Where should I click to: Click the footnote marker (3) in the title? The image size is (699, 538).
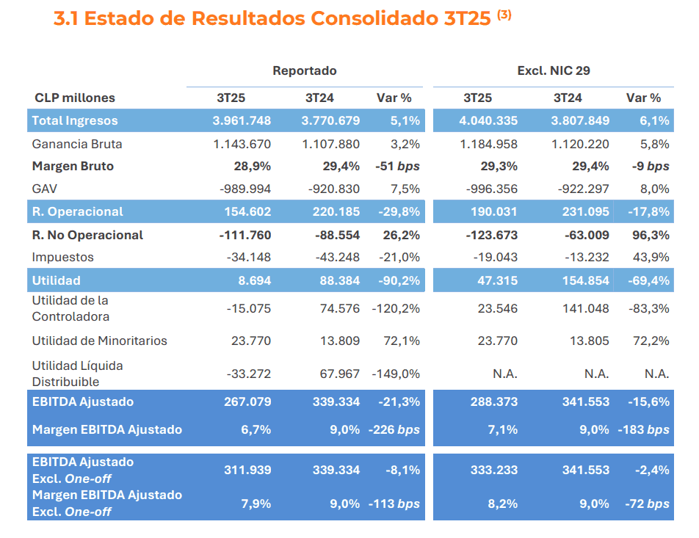click(x=504, y=15)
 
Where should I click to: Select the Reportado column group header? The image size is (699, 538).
click(x=304, y=70)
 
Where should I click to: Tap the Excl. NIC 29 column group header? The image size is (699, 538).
click(x=553, y=70)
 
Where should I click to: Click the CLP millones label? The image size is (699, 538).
click(x=75, y=98)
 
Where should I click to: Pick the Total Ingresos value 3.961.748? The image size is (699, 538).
click(x=242, y=120)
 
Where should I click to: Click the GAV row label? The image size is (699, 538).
click(x=45, y=189)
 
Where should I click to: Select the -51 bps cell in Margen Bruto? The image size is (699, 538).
click(x=397, y=166)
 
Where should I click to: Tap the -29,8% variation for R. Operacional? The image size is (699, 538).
click(x=399, y=211)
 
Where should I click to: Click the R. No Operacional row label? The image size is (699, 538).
click(x=87, y=235)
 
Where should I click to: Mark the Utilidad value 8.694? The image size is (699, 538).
click(x=255, y=280)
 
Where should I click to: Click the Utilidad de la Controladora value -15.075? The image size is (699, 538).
click(x=248, y=308)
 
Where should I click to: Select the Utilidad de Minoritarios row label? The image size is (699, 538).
click(x=99, y=341)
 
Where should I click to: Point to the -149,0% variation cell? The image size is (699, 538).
click(x=396, y=374)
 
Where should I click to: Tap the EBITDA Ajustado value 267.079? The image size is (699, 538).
click(x=247, y=401)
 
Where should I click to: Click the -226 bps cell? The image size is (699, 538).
click(x=394, y=429)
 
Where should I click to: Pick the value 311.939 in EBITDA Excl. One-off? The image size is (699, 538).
click(x=247, y=470)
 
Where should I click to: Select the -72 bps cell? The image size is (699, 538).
click(x=646, y=504)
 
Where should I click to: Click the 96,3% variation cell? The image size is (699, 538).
click(x=651, y=235)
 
